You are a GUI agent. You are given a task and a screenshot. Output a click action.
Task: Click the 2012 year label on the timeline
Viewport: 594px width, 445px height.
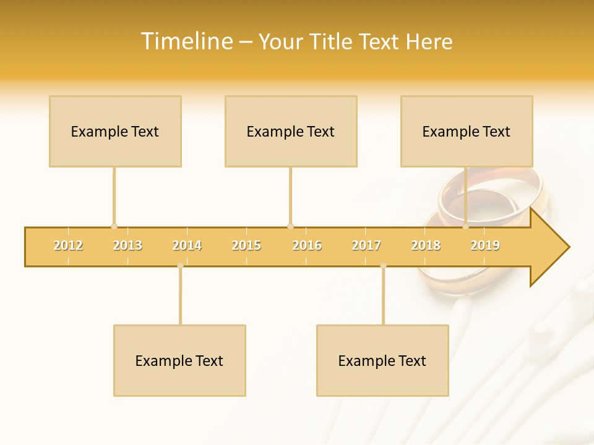(68, 245)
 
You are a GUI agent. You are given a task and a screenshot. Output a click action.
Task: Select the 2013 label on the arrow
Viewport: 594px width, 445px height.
(127, 245)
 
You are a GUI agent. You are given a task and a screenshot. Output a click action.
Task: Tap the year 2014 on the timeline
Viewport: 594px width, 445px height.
(187, 245)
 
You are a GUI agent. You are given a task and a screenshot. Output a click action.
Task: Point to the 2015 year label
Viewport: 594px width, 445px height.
(246, 245)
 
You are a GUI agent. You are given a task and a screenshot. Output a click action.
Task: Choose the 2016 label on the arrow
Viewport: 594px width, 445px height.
(307, 245)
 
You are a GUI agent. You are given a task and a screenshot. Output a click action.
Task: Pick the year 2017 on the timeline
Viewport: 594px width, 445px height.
(366, 245)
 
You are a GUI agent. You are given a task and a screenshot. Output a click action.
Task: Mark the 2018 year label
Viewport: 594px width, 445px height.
(426, 245)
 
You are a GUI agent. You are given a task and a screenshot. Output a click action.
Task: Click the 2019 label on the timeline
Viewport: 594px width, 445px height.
(485, 245)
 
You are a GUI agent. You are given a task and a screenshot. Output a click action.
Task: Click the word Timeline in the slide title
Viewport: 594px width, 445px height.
(186, 41)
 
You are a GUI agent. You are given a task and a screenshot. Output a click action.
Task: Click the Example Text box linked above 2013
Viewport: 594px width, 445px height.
(115, 131)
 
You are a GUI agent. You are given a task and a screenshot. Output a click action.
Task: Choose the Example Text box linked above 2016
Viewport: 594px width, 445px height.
(291, 131)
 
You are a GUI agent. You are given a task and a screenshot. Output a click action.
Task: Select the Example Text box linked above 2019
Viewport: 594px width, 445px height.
(467, 131)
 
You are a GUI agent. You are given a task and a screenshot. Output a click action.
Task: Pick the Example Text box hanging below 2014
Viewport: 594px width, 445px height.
(179, 360)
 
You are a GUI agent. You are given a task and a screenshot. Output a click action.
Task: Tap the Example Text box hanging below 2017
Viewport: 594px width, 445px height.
(382, 360)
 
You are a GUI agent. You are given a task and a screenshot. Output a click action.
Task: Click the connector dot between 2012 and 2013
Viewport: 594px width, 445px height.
(114, 226)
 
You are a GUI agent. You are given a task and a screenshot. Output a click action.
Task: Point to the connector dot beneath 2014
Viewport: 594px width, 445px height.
(180, 266)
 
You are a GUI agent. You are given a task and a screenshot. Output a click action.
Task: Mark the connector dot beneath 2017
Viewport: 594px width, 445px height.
(383, 266)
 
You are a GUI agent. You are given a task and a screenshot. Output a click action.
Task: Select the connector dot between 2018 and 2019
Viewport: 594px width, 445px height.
(465, 226)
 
